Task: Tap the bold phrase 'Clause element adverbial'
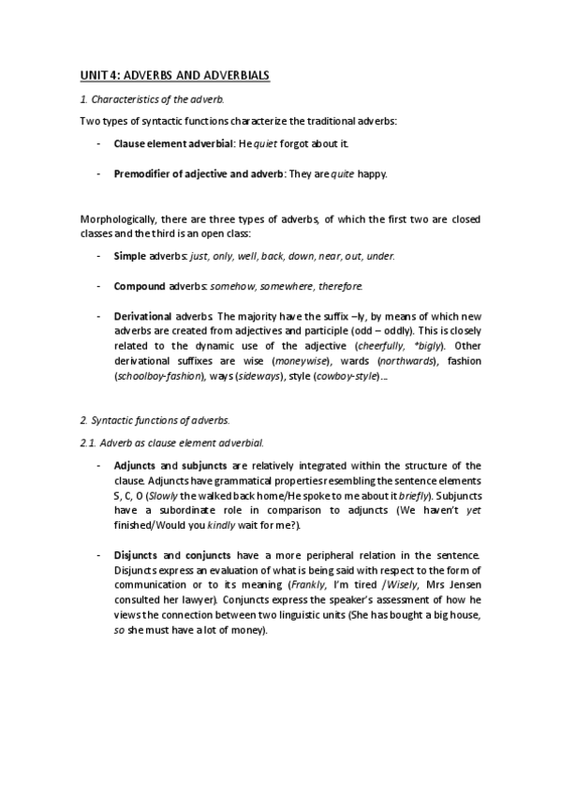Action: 171,144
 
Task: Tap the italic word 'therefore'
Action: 340,285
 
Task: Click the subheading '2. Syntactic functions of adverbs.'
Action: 155,419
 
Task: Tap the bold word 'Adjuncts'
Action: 136,465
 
